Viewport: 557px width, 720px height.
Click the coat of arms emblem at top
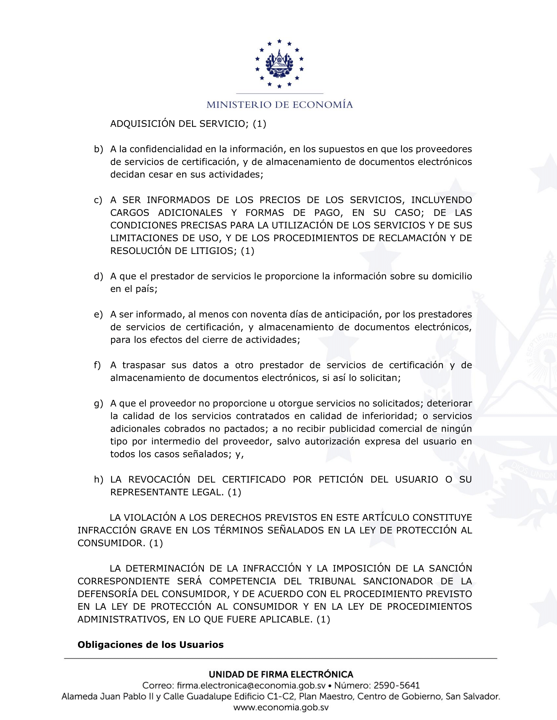[x=279, y=64]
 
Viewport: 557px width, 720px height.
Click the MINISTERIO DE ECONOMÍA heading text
[x=279, y=105]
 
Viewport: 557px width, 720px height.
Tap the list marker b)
[x=98, y=149]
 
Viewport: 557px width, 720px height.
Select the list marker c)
[x=98, y=200]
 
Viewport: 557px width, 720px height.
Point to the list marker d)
[x=98, y=276]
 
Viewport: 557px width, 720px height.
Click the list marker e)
[x=98, y=315]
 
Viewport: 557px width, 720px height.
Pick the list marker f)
[x=97, y=365]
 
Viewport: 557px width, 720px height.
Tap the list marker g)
[x=98, y=404]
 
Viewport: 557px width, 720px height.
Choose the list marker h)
[x=98, y=480]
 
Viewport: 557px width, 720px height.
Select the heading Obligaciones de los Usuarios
[x=150, y=645]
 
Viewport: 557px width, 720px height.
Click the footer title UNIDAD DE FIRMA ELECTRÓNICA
[x=281, y=675]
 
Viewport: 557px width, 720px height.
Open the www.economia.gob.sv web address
[x=281, y=708]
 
